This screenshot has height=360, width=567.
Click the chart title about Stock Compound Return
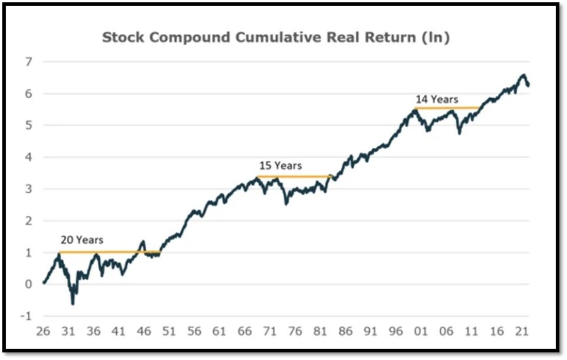click(x=276, y=38)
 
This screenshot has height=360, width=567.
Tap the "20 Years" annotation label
click(x=82, y=240)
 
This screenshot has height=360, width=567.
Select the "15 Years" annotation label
click(x=281, y=166)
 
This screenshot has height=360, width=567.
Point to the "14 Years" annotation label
click(x=436, y=99)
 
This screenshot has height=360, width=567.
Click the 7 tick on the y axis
click(x=28, y=61)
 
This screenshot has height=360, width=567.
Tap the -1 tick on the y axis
click(x=26, y=316)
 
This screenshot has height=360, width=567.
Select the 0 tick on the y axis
click(x=28, y=285)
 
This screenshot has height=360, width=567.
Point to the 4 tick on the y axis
click(x=28, y=157)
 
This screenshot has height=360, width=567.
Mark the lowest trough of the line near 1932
click(x=73, y=303)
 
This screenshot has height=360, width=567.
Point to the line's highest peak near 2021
click(x=523, y=75)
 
